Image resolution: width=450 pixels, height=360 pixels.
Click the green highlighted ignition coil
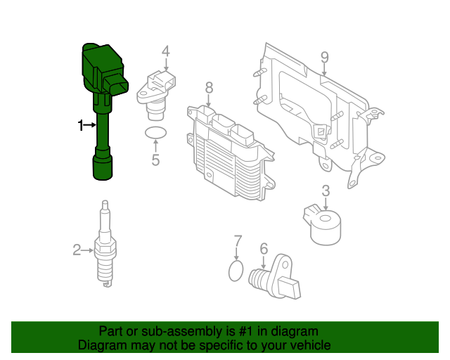click(x=103, y=115)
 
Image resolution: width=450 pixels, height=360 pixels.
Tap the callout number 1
click(x=81, y=125)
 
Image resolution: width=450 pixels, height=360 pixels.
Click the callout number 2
click(x=77, y=250)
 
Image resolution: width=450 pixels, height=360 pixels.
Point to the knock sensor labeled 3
click(x=323, y=226)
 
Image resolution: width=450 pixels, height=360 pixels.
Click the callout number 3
click(x=326, y=191)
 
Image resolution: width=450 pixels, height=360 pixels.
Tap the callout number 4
click(x=166, y=51)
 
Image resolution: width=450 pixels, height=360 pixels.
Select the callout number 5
click(x=155, y=160)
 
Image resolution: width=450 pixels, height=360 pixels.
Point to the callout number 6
click(x=264, y=249)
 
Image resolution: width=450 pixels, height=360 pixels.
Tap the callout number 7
click(x=238, y=240)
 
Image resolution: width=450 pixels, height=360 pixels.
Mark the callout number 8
click(x=209, y=88)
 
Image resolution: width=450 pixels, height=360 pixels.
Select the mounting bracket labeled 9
click(x=319, y=115)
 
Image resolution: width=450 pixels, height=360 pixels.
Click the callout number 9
click(x=324, y=58)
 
